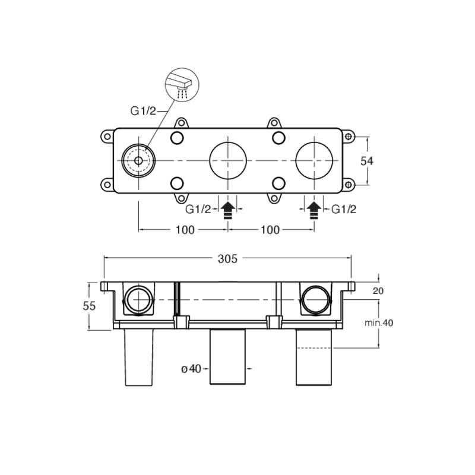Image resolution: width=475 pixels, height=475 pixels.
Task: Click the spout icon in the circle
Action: tap(182, 85)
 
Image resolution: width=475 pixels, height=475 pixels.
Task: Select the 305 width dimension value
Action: tap(227, 258)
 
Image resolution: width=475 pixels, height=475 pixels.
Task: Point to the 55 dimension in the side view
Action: tap(89, 306)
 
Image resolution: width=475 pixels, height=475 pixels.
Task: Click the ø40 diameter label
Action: tap(192, 369)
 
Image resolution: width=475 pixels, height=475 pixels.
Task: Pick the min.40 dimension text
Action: tap(379, 323)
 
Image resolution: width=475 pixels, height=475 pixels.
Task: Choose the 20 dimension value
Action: tap(378, 290)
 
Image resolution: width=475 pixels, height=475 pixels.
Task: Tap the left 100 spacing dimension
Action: tap(185, 230)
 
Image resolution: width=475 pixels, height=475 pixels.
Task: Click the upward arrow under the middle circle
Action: tap(228, 210)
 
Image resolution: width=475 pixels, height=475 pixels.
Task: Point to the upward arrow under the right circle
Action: tap(314, 210)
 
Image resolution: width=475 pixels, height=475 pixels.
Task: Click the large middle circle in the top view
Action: tap(228, 160)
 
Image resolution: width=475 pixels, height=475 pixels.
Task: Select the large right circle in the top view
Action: tap(314, 160)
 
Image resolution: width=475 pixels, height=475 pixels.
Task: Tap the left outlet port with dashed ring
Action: tap(138, 160)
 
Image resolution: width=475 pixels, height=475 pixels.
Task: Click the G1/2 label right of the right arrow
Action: tap(344, 209)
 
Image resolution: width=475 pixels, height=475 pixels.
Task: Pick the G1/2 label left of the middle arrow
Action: tap(198, 209)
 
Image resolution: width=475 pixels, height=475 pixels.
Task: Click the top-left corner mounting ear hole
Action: tap(107, 136)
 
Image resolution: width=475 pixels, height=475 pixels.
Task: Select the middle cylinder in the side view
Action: tap(229, 356)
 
